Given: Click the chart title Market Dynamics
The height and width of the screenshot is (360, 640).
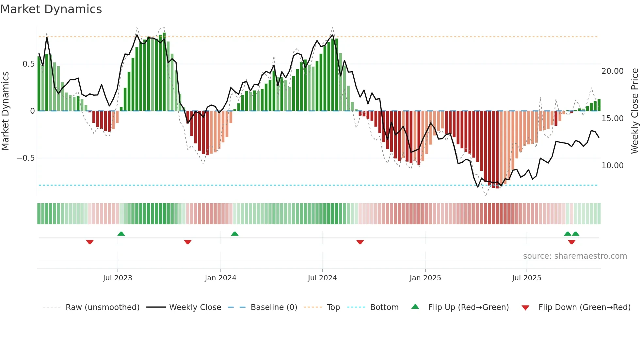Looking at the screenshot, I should coord(51,9).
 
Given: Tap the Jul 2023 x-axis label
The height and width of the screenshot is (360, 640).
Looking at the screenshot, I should coord(118,278).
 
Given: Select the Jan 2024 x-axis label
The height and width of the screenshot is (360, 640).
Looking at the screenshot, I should coord(220,278).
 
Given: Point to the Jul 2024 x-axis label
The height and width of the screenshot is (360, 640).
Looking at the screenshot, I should coord(322,278).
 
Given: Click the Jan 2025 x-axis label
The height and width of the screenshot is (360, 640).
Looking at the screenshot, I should coord(425,278).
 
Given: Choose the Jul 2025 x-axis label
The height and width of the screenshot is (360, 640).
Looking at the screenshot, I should coord(526,278).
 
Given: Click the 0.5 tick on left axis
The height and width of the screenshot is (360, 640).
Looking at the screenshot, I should coord(28,64).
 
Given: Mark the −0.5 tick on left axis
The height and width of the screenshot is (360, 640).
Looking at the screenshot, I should coord(25,158).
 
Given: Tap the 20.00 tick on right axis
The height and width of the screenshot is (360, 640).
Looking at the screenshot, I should coord(613,71).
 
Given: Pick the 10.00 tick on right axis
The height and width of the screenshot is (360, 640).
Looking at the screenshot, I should coord(613,166).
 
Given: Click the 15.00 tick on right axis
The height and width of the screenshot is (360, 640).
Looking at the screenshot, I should coord(613,119).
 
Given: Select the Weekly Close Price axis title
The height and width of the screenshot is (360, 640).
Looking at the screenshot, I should coord(634,111).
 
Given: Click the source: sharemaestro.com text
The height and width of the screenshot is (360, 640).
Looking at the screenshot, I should coord(575,256).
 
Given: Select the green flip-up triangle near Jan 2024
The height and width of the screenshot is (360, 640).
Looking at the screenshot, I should coord(235,234).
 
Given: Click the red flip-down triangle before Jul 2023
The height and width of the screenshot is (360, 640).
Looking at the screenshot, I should coord(90,242).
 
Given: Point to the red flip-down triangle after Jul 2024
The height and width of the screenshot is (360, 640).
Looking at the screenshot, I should coord(360,242).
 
